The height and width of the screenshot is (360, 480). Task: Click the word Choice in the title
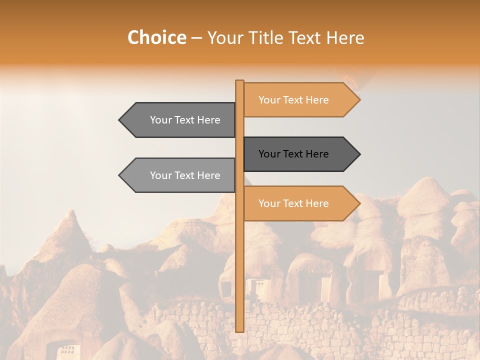click(x=156, y=37)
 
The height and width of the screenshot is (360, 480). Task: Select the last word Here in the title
click(x=345, y=37)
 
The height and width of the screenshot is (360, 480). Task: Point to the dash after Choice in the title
click(x=196, y=38)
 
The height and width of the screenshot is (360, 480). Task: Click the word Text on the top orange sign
click(x=293, y=100)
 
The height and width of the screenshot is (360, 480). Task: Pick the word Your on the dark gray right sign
click(x=269, y=154)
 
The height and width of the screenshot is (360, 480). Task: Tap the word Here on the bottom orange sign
click(x=317, y=203)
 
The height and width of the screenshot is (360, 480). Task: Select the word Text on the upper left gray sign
click(x=185, y=120)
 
